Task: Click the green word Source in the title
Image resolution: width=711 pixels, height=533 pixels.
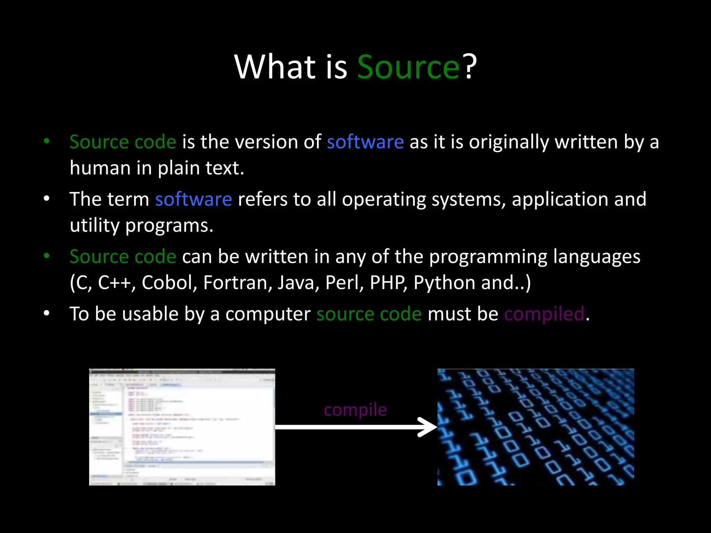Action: [408, 67]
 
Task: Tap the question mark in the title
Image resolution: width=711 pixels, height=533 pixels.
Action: [470, 67]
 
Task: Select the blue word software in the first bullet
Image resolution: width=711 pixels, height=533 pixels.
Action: [365, 142]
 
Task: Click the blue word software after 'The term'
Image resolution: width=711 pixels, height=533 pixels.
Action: [193, 200]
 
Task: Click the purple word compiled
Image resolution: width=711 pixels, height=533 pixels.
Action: [544, 314]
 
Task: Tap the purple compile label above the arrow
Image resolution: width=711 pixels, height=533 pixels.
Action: [355, 410]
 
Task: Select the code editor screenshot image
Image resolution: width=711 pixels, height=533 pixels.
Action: [182, 427]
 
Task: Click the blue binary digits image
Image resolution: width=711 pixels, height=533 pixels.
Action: [536, 427]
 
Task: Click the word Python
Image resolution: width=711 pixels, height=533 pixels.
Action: [444, 283]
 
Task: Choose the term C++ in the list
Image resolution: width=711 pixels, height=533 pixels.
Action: [114, 283]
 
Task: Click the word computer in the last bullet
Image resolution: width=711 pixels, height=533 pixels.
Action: [268, 314]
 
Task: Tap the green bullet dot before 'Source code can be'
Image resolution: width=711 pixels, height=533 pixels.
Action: [47, 256]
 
